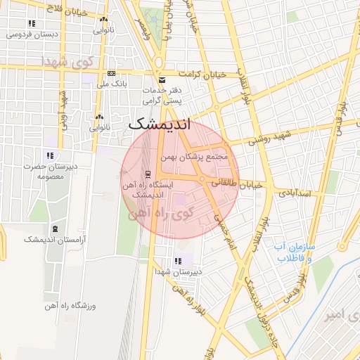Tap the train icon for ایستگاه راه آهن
147,174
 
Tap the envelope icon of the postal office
162,79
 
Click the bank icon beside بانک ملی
111,73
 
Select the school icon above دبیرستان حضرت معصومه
49,155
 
